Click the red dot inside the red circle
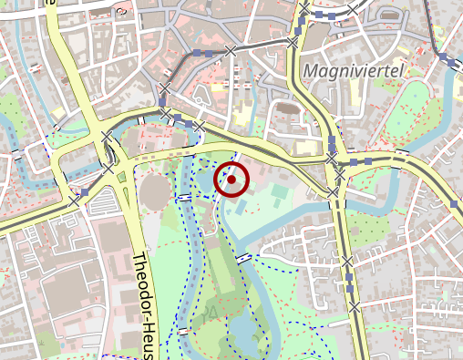(231, 180)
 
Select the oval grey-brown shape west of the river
(155, 190)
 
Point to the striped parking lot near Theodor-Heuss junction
(119, 177)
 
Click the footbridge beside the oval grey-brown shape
(184, 196)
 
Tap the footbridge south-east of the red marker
(243, 259)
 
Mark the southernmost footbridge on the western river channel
(185, 331)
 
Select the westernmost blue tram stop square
(85, 193)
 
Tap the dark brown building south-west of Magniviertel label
(286, 108)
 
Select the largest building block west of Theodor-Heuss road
(64, 301)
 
